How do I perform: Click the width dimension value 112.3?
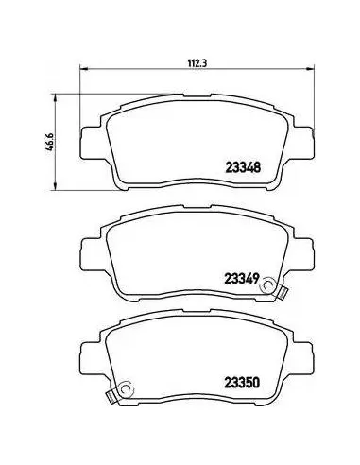(197, 63)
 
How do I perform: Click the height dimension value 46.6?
(51, 142)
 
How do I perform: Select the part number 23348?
(243, 167)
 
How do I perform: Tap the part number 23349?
(242, 278)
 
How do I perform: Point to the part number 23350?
(242, 383)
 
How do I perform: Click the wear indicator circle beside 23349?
(267, 285)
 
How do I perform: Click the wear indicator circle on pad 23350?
(127, 390)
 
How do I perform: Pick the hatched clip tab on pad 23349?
(283, 293)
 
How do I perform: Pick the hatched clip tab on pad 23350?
(111, 397)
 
